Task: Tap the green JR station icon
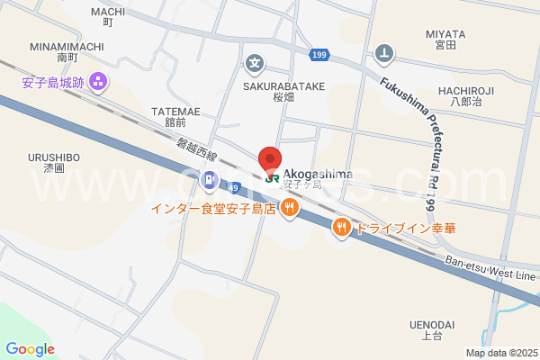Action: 271,177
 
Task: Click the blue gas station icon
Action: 209,180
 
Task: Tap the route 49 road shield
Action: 233,188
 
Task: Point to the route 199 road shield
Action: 319,55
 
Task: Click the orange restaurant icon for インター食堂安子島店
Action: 289,210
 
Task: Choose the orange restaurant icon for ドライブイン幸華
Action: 341,228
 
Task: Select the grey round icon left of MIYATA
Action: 385,52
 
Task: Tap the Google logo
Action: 30,349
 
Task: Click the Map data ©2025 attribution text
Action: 499,353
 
